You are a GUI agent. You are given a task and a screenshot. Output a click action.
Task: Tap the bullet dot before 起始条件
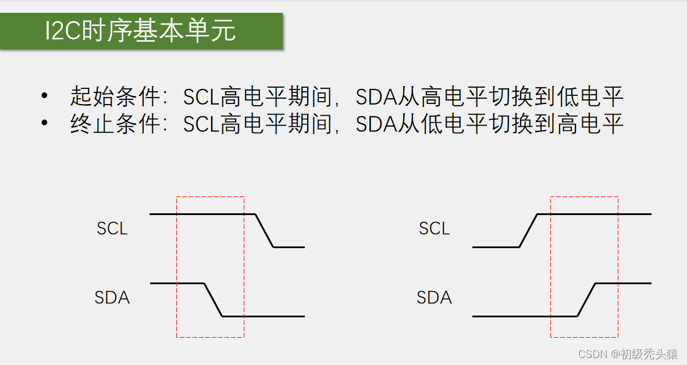coord(44,95)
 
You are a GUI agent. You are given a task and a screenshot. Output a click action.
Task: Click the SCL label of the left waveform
coord(112,228)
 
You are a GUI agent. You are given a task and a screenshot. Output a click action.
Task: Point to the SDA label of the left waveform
coord(112,298)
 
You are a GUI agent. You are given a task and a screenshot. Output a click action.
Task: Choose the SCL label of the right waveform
coord(434,228)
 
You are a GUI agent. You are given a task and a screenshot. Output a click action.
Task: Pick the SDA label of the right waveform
coord(434,298)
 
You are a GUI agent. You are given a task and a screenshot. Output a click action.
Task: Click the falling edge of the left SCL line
coord(265,231)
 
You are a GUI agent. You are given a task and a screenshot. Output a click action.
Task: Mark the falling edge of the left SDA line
coord(213,300)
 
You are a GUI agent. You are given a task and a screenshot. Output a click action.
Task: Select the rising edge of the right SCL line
coord(528,231)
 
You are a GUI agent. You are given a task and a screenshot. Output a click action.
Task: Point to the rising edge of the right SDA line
coord(586,300)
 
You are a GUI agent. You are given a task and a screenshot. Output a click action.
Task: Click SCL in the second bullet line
coord(201,124)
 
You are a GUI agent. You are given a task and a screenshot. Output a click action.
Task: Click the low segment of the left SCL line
coord(289,247)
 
